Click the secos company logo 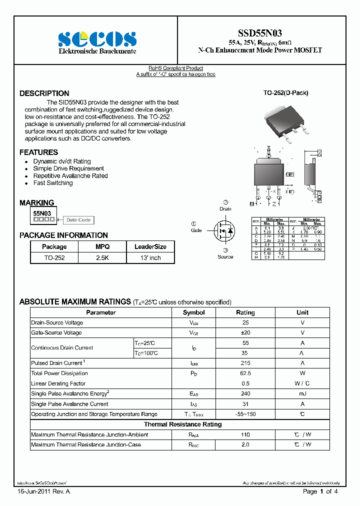point(97,39)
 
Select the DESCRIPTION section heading point(44,93)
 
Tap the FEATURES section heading point(39,152)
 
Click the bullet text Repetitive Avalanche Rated point(70,176)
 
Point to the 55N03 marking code point(42,213)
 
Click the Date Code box point(78,220)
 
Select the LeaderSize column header point(150,246)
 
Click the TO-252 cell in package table point(54,258)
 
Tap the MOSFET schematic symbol point(224,230)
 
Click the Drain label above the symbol point(225,209)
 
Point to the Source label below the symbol point(225,256)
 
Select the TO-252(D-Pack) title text point(285,93)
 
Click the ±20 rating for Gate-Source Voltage point(245,332)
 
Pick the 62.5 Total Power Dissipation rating point(245,373)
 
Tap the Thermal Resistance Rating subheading point(182,424)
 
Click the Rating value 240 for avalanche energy point(245,393)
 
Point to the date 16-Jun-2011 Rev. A point(43,492)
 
